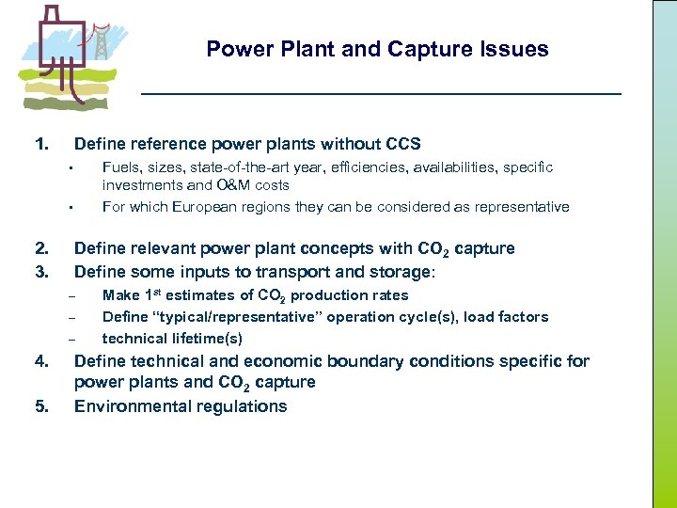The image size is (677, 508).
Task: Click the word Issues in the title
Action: click(514, 49)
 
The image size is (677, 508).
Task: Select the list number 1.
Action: click(41, 144)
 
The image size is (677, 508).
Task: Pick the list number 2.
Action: click(41, 248)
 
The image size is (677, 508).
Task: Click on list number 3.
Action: click(41, 272)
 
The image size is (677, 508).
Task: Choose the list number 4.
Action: click(41, 361)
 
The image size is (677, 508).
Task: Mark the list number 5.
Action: click(41, 406)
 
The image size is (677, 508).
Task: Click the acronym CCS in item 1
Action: click(403, 144)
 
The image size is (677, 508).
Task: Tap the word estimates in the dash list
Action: click(199, 295)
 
